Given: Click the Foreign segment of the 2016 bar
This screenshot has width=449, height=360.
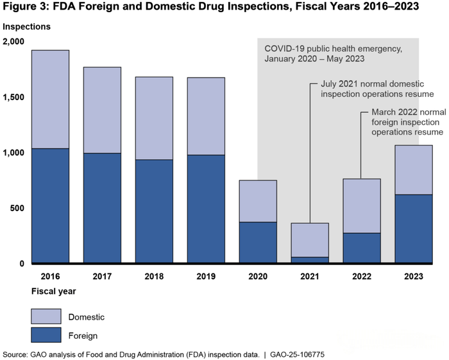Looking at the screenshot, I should [50, 205].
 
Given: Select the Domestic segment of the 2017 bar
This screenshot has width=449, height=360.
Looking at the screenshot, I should [102, 110].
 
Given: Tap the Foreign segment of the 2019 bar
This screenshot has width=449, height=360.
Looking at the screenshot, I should [206, 209].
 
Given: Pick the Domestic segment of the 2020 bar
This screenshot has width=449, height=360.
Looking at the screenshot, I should [258, 201].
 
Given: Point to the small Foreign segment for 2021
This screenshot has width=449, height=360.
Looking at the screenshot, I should [310, 260].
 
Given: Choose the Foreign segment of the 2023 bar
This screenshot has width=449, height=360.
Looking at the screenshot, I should [413, 228].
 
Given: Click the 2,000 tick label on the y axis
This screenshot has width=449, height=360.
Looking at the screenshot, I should [13, 42].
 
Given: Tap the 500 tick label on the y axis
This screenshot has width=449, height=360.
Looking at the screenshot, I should [17, 208].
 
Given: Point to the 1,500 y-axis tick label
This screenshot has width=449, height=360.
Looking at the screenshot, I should [13, 97].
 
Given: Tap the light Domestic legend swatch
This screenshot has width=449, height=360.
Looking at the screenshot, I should [46, 316].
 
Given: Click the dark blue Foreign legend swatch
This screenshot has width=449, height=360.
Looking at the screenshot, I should [46, 335].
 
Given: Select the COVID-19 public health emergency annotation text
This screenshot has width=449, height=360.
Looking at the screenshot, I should [325, 53].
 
